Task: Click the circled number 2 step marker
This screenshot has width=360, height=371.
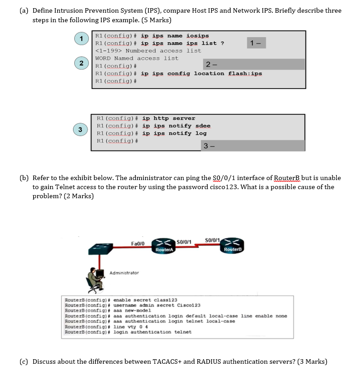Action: point(81,63)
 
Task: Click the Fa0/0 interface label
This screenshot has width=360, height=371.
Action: point(138,244)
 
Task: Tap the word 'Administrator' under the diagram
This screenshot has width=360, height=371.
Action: point(124,273)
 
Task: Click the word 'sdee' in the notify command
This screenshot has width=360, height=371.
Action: point(203,126)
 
